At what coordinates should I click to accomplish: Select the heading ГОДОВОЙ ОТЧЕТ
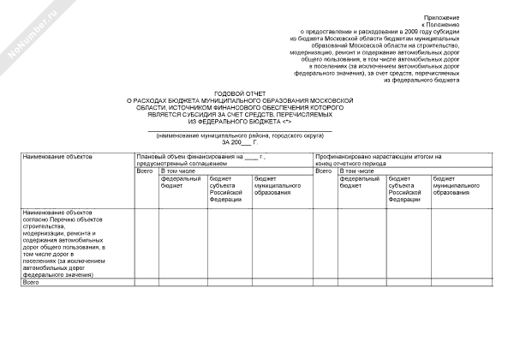pyautogui.click(x=240, y=93)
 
